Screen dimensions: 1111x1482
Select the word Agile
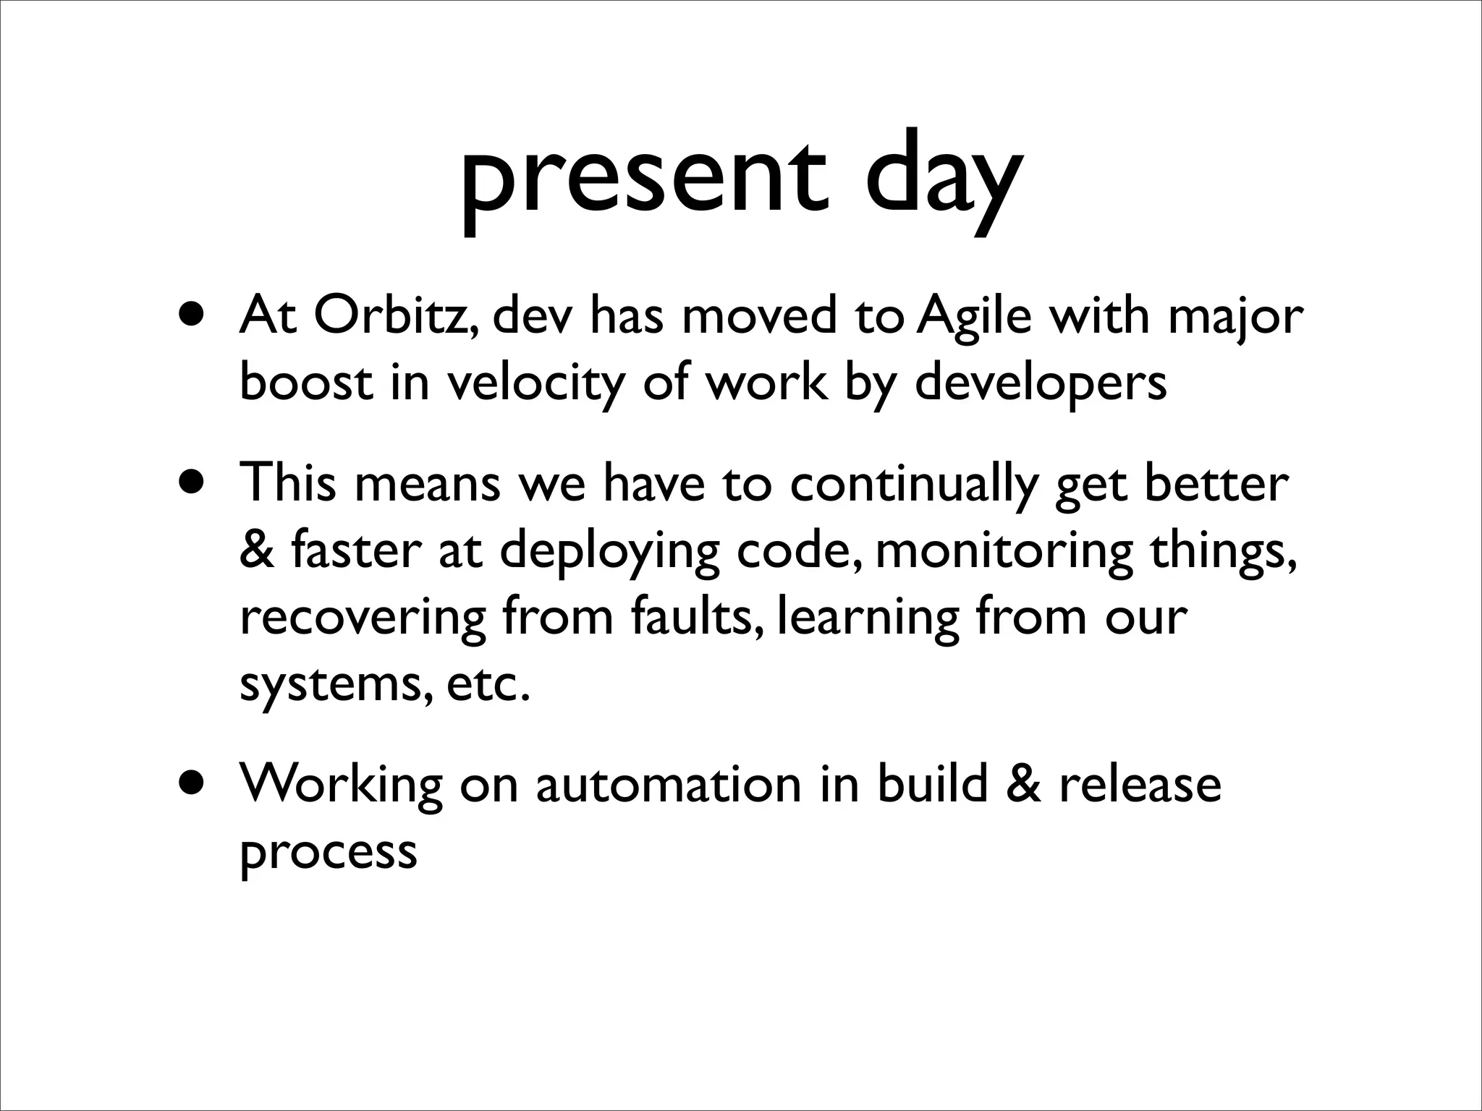(x=973, y=318)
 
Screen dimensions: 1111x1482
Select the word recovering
(x=363, y=619)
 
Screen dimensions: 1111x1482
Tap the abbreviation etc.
(x=488, y=684)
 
